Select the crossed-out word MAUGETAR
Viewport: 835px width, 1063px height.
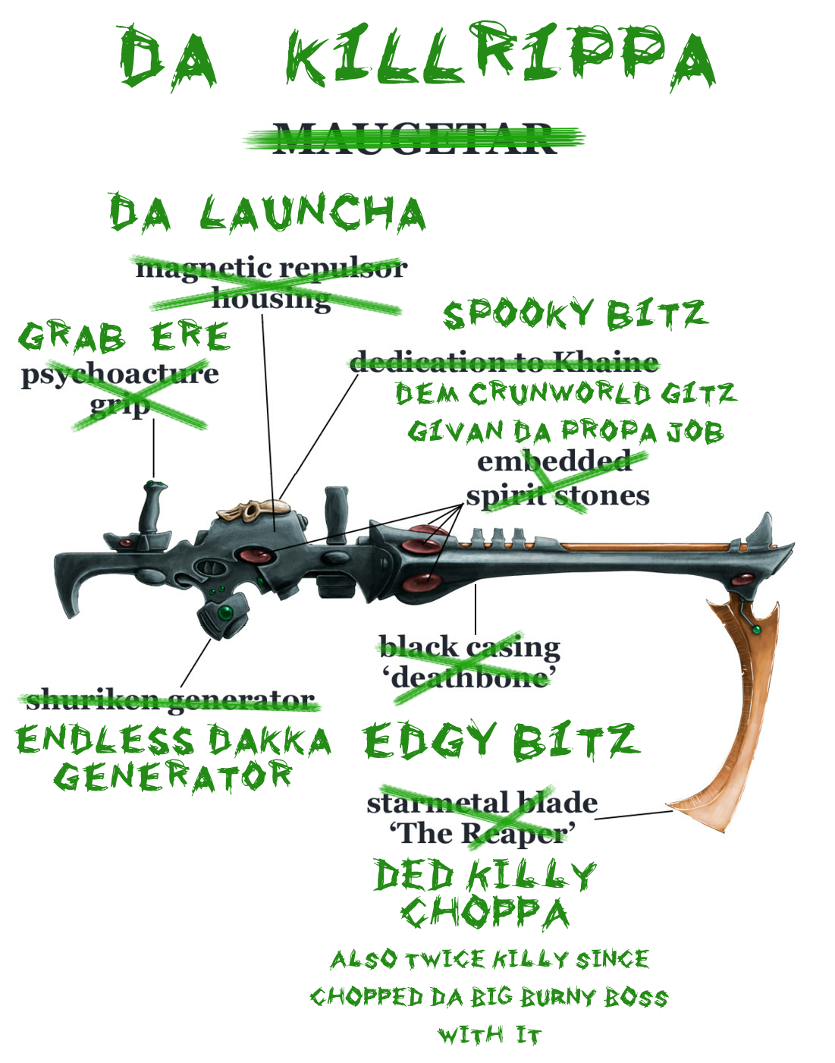pyautogui.click(x=415, y=139)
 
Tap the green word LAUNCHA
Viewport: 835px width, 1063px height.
pyautogui.click(x=312, y=212)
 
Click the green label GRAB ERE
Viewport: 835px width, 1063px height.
pyautogui.click(x=124, y=337)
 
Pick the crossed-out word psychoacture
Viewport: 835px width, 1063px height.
pyautogui.click(x=120, y=374)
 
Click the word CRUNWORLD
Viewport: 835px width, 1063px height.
pyautogui.click(x=559, y=393)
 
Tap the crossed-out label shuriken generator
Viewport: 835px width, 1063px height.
pyautogui.click(x=170, y=700)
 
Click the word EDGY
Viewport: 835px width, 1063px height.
pyautogui.click(x=430, y=741)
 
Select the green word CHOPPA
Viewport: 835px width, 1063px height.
pyautogui.click(x=485, y=913)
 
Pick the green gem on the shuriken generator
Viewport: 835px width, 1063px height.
pyautogui.click(x=225, y=612)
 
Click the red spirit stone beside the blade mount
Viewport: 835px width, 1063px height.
pyautogui.click(x=742, y=580)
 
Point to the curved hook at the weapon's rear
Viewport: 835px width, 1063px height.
pyautogui.click(x=73, y=588)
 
